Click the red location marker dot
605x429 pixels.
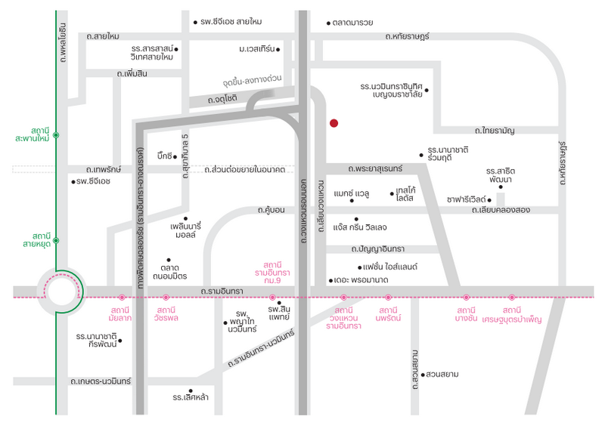334,122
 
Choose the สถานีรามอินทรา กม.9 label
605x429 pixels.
271,270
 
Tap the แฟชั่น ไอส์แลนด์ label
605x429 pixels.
391,267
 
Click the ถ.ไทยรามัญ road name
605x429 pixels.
495,131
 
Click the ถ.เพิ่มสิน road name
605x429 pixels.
132,73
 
